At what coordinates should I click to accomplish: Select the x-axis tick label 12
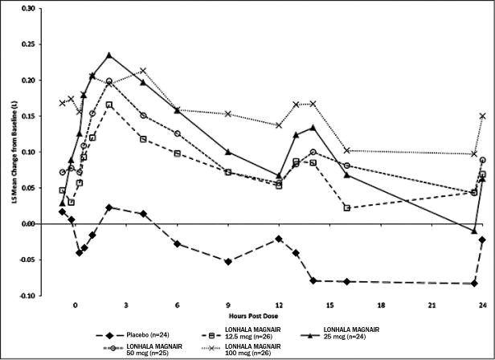pyautogui.click(x=279, y=306)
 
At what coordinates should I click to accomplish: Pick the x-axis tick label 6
pyautogui.click(x=177, y=306)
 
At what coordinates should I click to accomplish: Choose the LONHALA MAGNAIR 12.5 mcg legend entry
pyautogui.click(x=239, y=334)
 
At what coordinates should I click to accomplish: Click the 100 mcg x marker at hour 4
pyautogui.click(x=143, y=71)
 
